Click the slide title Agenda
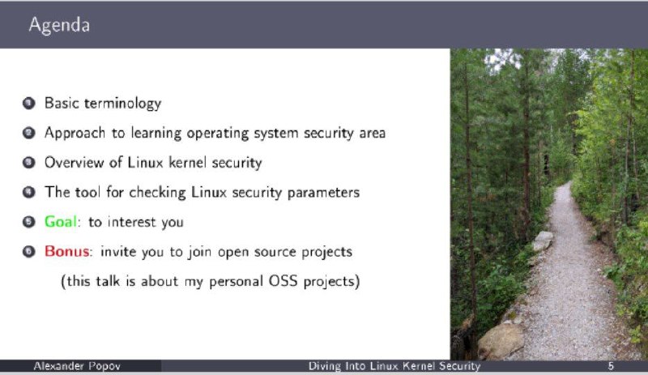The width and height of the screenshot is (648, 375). pyautogui.click(x=59, y=25)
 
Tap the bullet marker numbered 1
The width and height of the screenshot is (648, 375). pyautogui.click(x=28, y=103)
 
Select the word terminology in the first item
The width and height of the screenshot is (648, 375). pyautogui.click(x=123, y=104)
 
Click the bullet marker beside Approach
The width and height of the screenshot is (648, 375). pyautogui.click(x=28, y=133)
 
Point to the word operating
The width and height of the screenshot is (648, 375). pyautogui.click(x=217, y=134)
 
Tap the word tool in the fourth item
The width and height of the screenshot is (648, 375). pyautogui.click(x=87, y=192)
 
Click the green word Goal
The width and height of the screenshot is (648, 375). pyautogui.click(x=60, y=222)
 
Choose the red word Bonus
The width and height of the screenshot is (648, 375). pyautogui.click(x=66, y=251)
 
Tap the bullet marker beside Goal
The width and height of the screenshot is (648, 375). pyautogui.click(x=28, y=222)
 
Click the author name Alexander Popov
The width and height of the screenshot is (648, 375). pyautogui.click(x=77, y=366)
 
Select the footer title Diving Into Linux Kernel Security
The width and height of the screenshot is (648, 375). pyautogui.click(x=394, y=366)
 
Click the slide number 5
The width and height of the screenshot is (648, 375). pyautogui.click(x=611, y=366)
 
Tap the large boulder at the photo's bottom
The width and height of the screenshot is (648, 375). pyautogui.click(x=501, y=341)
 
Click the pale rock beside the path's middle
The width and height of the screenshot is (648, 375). pyautogui.click(x=542, y=241)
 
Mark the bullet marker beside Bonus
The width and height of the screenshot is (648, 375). pyautogui.click(x=28, y=251)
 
